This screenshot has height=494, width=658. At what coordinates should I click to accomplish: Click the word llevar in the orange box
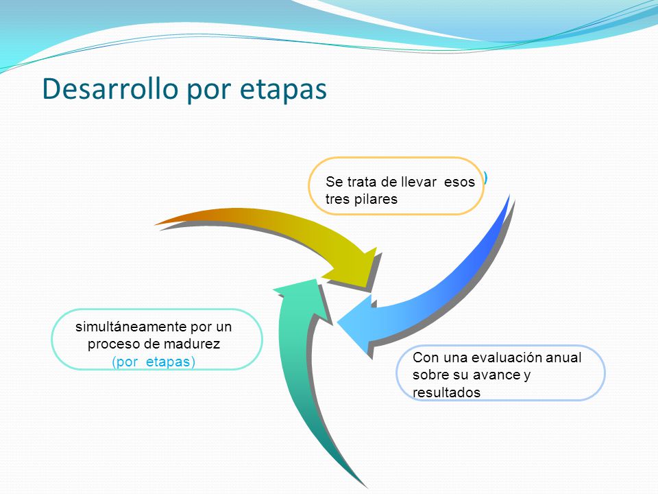point(418,182)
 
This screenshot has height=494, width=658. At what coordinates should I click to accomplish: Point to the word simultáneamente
point(132,327)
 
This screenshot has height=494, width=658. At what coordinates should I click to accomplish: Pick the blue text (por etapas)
point(154,362)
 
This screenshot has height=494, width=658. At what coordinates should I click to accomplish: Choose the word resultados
point(446,392)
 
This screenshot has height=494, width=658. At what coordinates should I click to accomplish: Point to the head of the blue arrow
point(338,323)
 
